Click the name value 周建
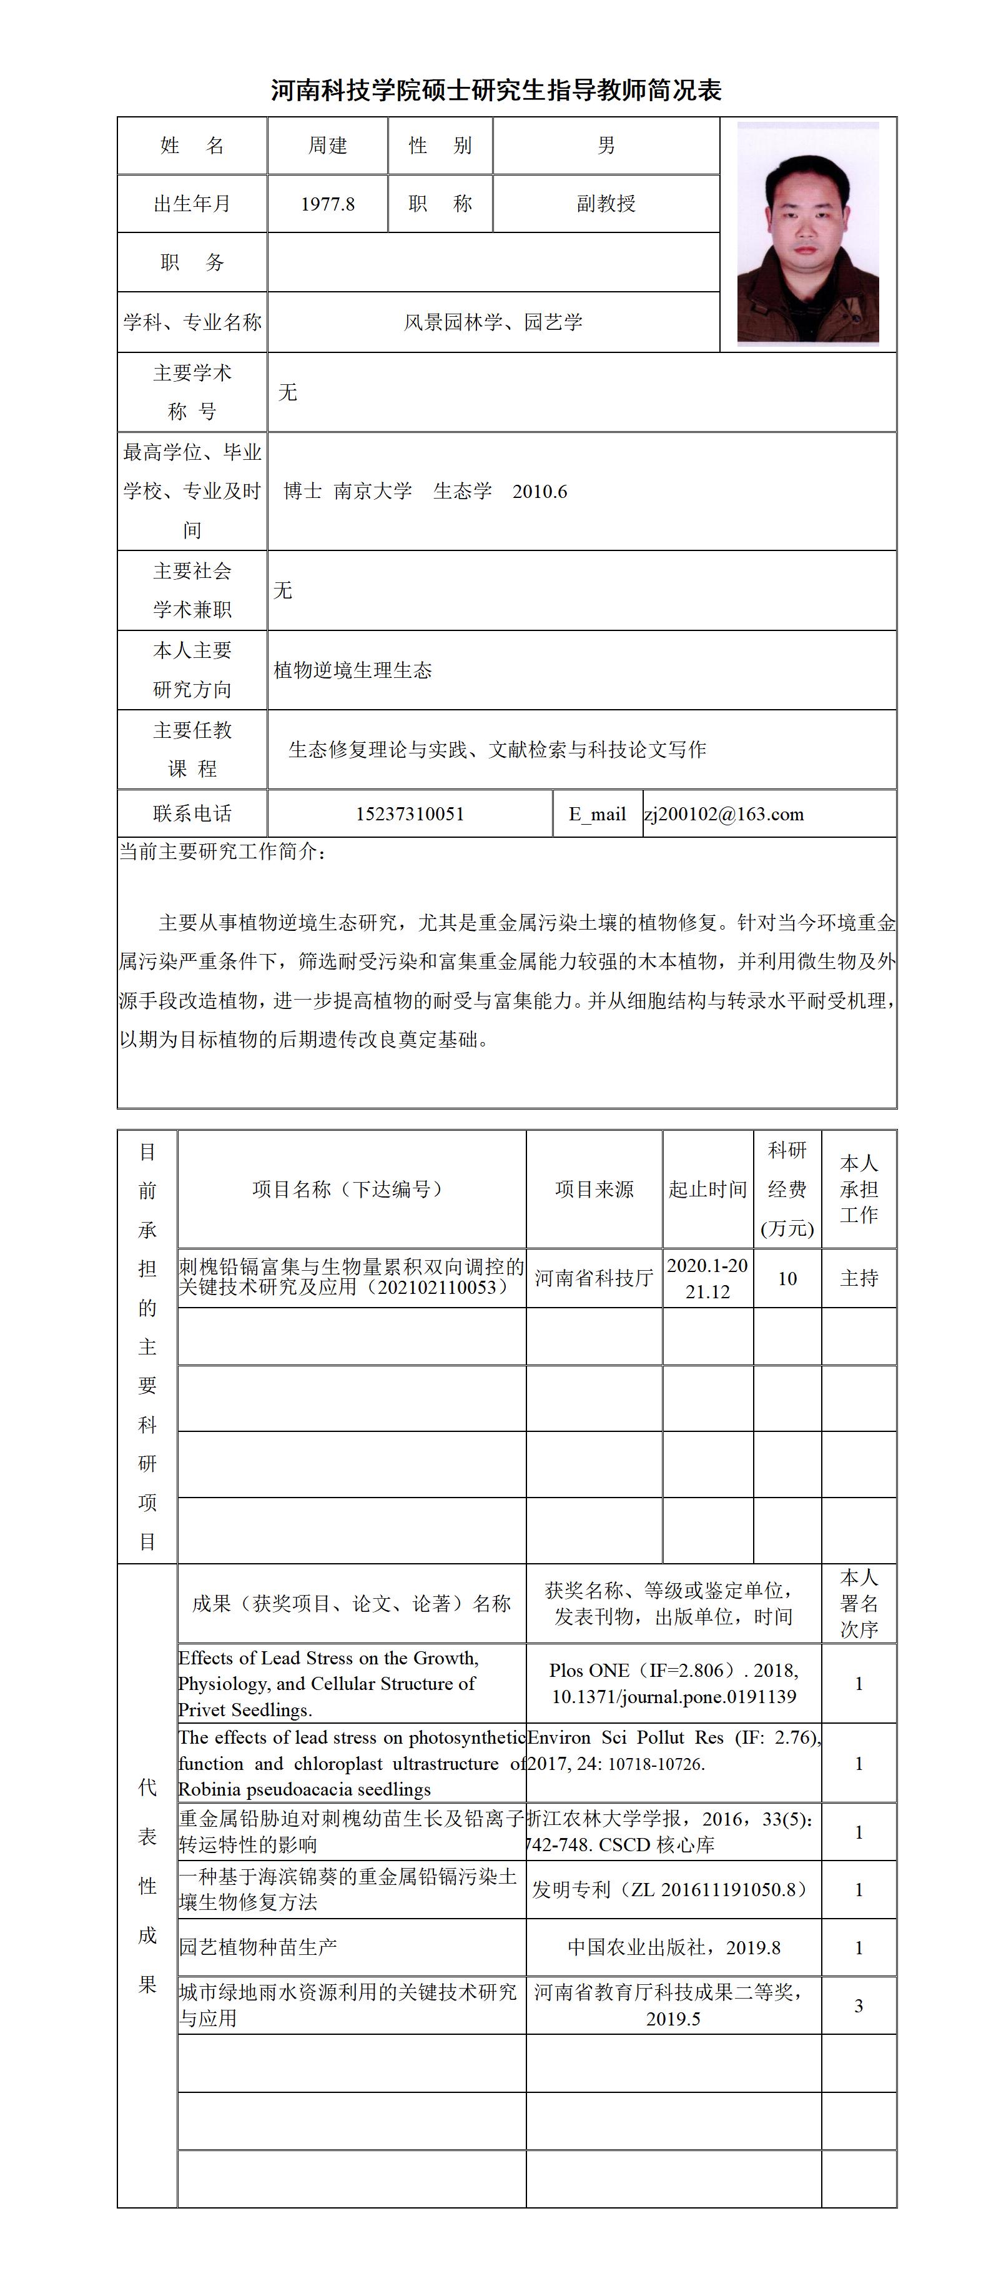[x=327, y=146]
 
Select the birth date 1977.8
[x=327, y=204]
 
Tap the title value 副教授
[x=606, y=204]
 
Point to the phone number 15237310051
[x=410, y=814]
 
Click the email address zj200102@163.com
[x=724, y=814]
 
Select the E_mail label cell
[x=597, y=814]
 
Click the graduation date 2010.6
[x=540, y=492]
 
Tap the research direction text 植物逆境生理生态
[x=353, y=670]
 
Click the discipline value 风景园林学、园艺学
[x=493, y=322]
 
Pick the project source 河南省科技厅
[x=593, y=1278]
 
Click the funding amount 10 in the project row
[x=787, y=1278]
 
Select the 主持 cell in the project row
[x=859, y=1278]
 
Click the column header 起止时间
[x=707, y=1189]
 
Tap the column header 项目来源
[x=593, y=1189]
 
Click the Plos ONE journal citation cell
[x=673, y=1684]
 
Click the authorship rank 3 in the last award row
[x=858, y=2005]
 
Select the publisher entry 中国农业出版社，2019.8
[x=673, y=1947]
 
